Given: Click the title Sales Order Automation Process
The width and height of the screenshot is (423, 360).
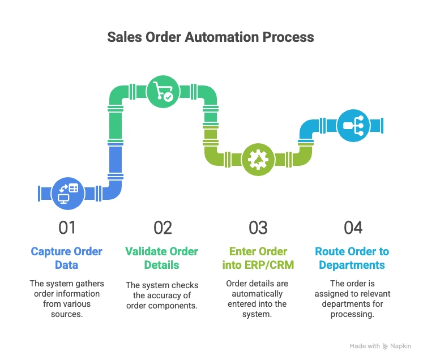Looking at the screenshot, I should (x=211, y=38).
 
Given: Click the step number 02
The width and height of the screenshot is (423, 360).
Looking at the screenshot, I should (x=163, y=228).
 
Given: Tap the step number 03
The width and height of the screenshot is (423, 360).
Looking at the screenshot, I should (x=258, y=228).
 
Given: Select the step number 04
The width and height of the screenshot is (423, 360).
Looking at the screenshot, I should (x=353, y=228).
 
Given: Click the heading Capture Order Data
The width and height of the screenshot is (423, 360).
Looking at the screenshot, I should (x=67, y=258).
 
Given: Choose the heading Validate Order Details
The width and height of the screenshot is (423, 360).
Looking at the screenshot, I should (x=163, y=258).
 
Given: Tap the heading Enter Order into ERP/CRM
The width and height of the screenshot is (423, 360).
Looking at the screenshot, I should (x=258, y=258).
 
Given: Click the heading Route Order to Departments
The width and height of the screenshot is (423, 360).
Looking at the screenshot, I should (x=353, y=258).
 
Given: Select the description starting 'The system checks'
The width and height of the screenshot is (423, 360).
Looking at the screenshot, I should (x=163, y=295).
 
